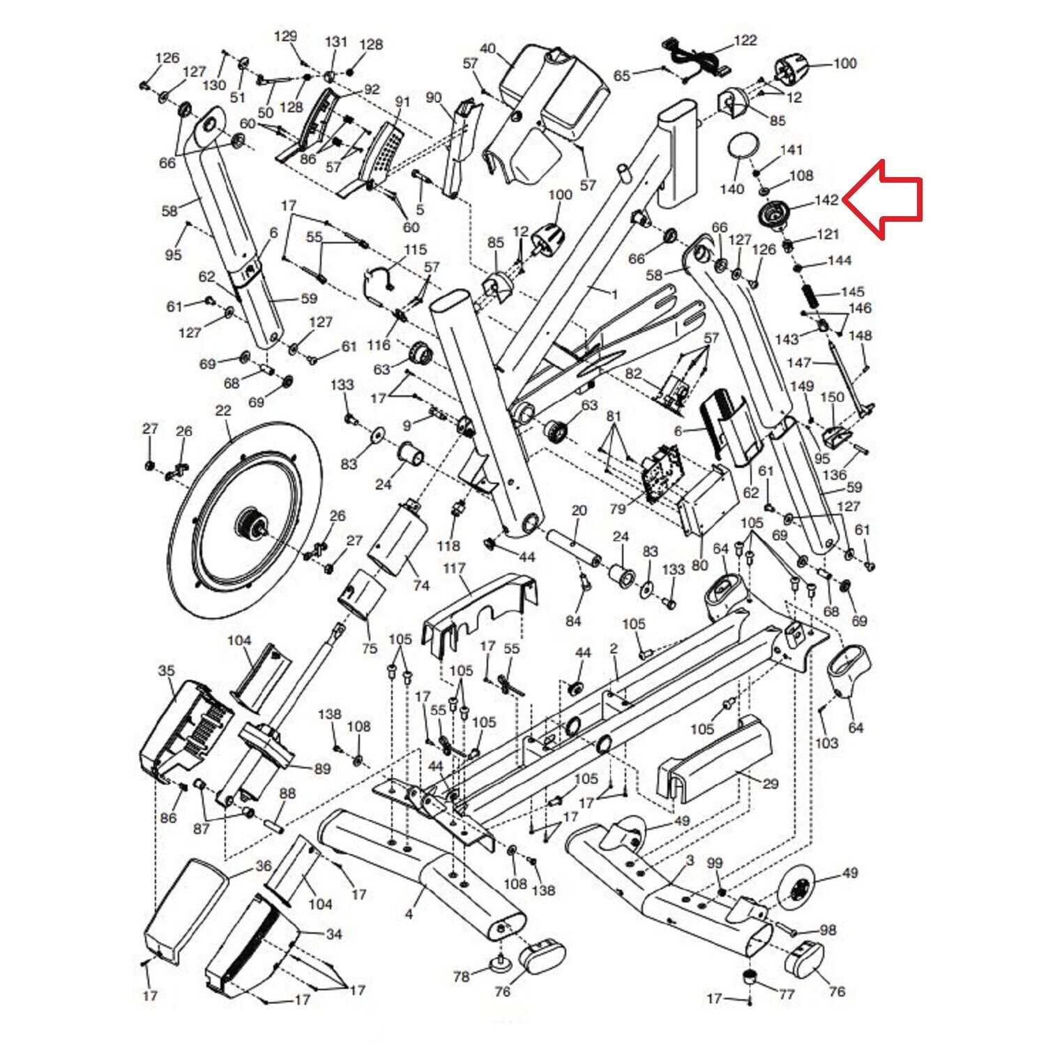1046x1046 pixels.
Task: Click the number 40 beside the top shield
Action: [x=488, y=49]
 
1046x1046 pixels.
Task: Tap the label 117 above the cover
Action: [x=454, y=569]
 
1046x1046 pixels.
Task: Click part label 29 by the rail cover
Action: [x=770, y=784]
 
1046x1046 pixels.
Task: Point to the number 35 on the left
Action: [x=166, y=671]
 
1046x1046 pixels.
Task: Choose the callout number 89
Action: [x=322, y=769]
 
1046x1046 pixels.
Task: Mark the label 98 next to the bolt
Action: [x=828, y=930]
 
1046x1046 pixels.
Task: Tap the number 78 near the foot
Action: [x=462, y=977]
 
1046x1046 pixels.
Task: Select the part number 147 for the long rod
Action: [x=799, y=362]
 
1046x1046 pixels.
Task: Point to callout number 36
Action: [x=263, y=866]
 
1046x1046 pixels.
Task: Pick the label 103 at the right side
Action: [x=826, y=743]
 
